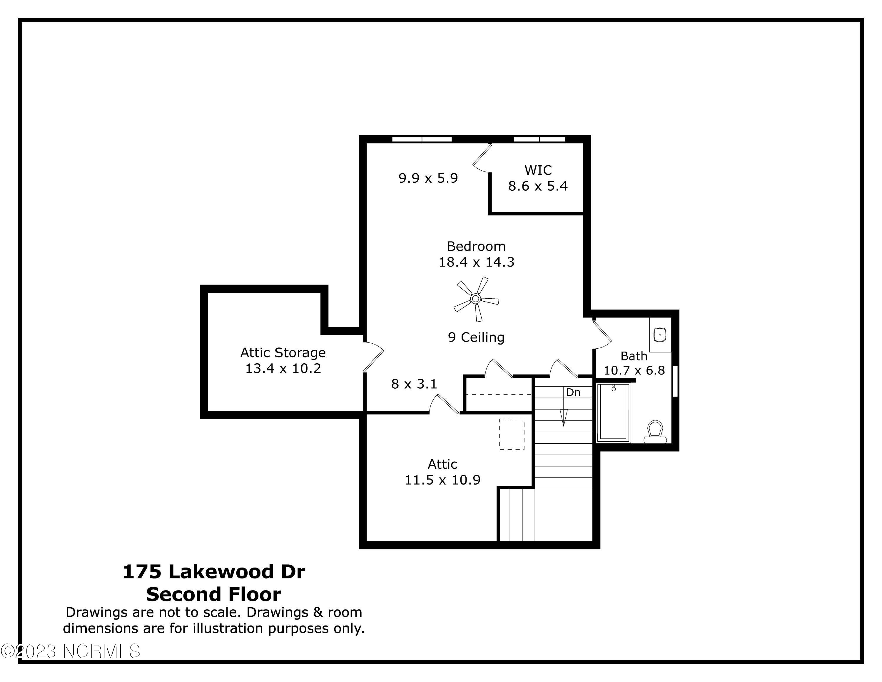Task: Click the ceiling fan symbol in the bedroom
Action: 476,299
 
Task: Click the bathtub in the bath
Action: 613,412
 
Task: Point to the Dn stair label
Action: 573,392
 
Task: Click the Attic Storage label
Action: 283,353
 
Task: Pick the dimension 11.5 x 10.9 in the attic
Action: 442,480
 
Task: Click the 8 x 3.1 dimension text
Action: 414,384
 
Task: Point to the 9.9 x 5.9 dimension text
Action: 428,178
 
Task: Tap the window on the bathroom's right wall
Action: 675,381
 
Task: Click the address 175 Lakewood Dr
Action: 214,572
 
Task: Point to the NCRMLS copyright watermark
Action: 71,651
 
